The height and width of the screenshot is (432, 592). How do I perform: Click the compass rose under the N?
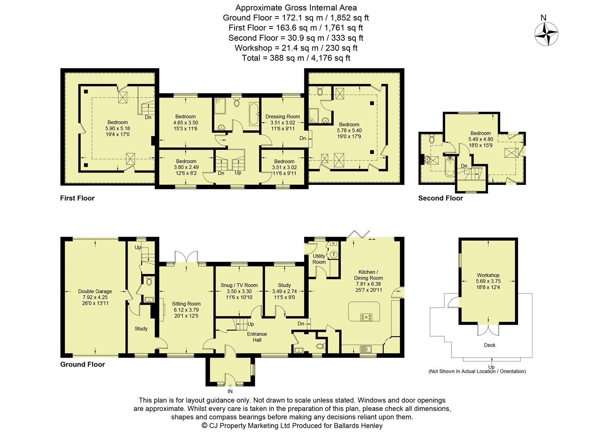click(546, 34)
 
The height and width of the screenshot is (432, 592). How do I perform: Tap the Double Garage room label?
click(95, 291)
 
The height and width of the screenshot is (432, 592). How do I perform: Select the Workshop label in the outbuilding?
click(488, 275)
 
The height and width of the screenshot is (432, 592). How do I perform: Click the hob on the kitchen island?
click(366, 317)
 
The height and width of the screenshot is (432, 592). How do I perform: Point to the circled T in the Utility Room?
click(334, 254)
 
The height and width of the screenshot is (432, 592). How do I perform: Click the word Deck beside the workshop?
click(490, 345)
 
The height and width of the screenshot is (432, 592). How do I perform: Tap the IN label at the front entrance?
click(230, 391)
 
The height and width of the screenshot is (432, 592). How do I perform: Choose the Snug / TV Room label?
click(239, 285)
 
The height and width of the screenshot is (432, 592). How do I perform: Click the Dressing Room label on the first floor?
click(283, 117)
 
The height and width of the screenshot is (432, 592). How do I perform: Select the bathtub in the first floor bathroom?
click(254, 114)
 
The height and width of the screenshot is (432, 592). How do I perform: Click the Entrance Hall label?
click(257, 337)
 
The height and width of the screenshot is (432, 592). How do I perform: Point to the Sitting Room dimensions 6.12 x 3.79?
click(186, 310)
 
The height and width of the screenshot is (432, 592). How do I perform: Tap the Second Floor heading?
click(441, 198)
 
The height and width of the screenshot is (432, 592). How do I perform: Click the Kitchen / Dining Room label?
click(369, 275)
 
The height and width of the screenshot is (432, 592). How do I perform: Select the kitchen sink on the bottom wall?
click(366, 349)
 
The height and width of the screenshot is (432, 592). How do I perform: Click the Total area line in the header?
click(296, 58)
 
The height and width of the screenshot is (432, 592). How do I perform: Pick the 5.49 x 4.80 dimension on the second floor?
click(481, 139)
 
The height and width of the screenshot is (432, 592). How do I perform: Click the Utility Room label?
click(319, 259)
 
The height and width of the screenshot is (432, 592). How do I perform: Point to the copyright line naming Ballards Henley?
click(292, 426)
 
